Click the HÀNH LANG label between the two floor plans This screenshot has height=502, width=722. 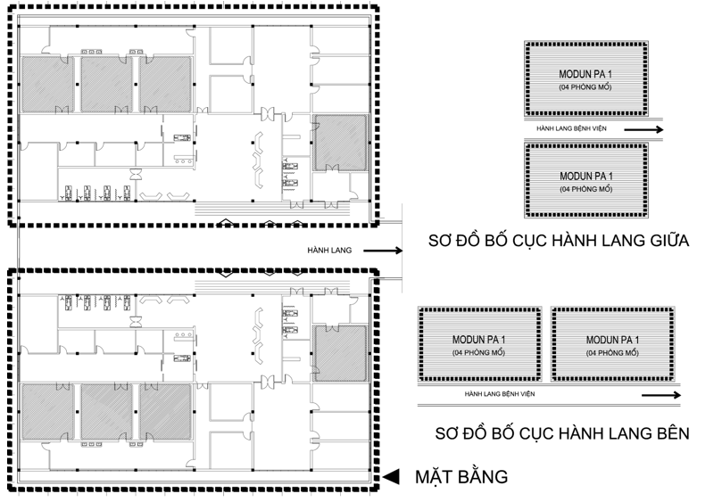click(329, 251)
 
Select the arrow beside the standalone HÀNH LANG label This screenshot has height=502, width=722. click(383, 251)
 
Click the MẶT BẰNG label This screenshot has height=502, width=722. click(461, 477)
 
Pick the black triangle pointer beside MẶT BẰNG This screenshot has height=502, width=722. click(392, 477)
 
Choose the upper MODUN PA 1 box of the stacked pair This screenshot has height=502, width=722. click(585, 78)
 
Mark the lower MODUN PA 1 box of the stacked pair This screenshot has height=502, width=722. click(586, 180)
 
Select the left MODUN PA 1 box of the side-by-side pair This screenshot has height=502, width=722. click(479, 344)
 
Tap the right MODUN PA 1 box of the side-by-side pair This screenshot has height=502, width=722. click(613, 344)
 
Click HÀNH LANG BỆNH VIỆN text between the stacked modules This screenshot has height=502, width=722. click(571, 128)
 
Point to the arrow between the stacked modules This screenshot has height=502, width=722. click(643, 130)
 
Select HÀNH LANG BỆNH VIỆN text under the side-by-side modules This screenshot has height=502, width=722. click(500, 394)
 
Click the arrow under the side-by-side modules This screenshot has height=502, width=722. click(661, 395)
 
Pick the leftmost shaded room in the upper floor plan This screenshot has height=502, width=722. click(47, 84)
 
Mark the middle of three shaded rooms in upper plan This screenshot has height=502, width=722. click(107, 84)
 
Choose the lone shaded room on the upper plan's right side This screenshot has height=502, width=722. click(341, 143)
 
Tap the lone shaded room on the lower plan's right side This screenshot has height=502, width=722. click(341, 353)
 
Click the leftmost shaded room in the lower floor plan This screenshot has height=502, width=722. click(47, 412)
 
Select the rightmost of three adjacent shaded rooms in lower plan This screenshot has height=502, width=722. click(165, 412)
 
